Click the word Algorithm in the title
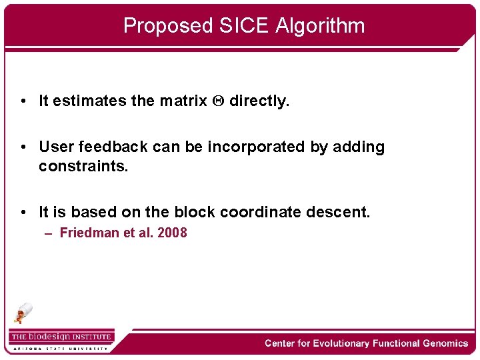coord(320,25)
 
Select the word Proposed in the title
coord(167,25)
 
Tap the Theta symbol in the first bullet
coord(217,101)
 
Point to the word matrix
coord(183,101)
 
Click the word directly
coord(259,101)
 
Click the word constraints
coord(83,165)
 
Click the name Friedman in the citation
coord(87,233)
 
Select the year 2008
coord(172,233)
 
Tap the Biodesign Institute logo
coord(61,337)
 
